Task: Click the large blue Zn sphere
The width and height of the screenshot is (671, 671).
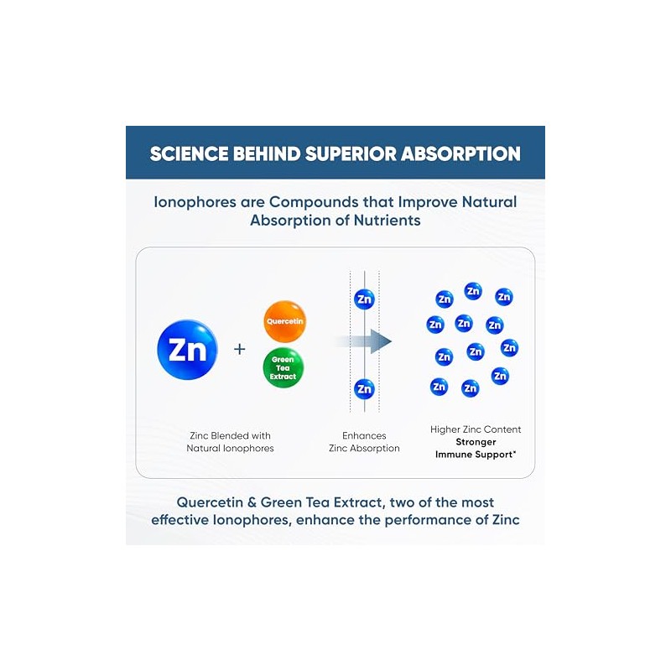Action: pyautogui.click(x=187, y=349)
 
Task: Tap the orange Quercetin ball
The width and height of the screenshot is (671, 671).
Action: pyautogui.click(x=284, y=321)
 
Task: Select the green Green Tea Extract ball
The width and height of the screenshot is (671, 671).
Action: pyautogui.click(x=283, y=368)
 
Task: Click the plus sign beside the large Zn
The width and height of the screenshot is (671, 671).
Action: pyautogui.click(x=240, y=349)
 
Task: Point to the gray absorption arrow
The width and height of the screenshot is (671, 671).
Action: pyautogui.click(x=363, y=341)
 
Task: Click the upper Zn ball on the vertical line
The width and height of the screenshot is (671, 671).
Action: pyautogui.click(x=364, y=299)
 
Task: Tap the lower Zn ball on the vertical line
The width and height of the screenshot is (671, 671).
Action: pyautogui.click(x=364, y=389)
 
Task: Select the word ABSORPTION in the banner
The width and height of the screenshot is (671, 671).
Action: pyautogui.click(x=460, y=154)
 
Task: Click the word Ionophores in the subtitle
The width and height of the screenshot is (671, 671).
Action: pyautogui.click(x=195, y=202)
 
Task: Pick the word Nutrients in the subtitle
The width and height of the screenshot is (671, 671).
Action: pyautogui.click(x=387, y=221)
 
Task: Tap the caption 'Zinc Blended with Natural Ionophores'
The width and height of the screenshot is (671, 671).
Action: pyautogui.click(x=230, y=442)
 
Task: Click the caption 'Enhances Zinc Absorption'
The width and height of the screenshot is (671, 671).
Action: pyautogui.click(x=364, y=442)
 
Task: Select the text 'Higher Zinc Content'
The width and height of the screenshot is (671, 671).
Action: pyautogui.click(x=476, y=429)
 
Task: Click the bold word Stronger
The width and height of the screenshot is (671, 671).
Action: pyautogui.click(x=476, y=442)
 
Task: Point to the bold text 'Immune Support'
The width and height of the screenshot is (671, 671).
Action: pyautogui.click(x=474, y=455)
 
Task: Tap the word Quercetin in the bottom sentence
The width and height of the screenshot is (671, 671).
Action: pyautogui.click(x=210, y=502)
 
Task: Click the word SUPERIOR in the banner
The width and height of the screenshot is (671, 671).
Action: pyautogui.click(x=351, y=154)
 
